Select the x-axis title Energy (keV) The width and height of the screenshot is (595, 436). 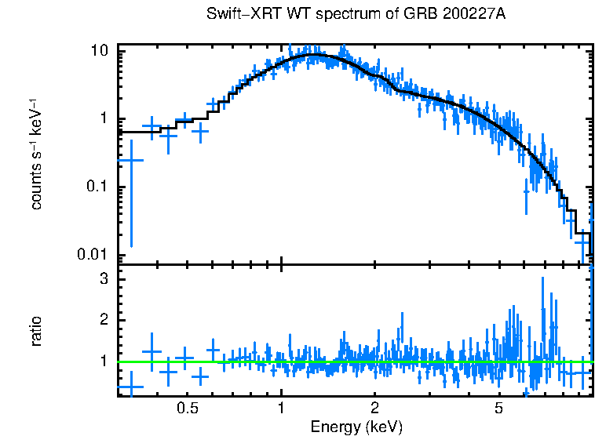pyautogui.click(x=356, y=427)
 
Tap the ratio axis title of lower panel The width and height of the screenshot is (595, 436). pyautogui.click(x=36, y=331)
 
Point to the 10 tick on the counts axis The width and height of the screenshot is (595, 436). pyautogui.click(x=100, y=51)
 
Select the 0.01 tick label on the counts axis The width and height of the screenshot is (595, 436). pyautogui.click(x=93, y=255)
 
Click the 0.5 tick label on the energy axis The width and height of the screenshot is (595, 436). pyautogui.click(x=187, y=409)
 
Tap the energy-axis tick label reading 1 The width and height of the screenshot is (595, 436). pyautogui.click(x=282, y=409)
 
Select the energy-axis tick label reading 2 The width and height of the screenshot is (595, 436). pyautogui.click(x=375, y=409)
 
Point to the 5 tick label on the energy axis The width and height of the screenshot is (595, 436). pyautogui.click(x=498, y=409)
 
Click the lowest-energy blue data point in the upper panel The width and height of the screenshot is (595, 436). pyautogui.click(x=130, y=160)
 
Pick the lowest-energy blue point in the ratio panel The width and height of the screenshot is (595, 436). pyautogui.click(x=130, y=386)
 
